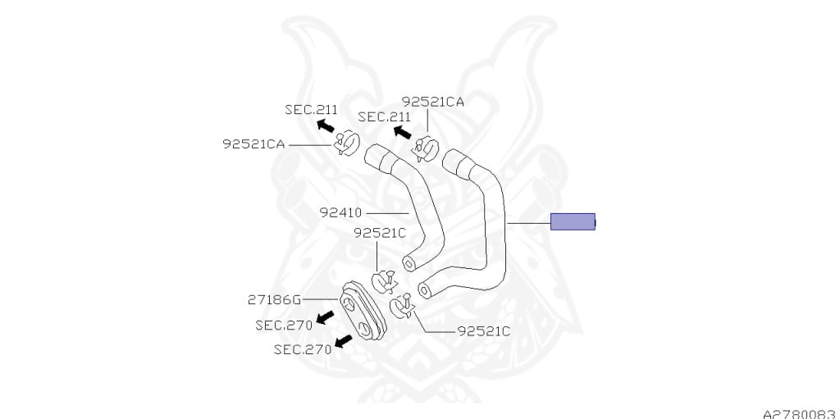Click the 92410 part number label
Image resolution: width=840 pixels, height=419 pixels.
point(340,212)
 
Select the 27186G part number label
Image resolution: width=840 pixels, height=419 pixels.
point(274,299)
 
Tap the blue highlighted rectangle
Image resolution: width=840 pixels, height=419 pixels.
point(573,221)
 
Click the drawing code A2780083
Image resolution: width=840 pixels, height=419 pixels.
point(801,414)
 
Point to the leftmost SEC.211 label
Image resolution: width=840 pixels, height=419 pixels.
point(311,110)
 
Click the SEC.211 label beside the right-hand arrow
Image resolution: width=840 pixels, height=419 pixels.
point(384,116)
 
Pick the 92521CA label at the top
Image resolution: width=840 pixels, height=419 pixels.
point(433,102)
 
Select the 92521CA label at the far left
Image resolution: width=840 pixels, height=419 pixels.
point(254,144)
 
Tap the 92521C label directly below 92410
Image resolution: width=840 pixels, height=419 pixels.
point(380,233)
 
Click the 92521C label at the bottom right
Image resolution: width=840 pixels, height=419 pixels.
point(484,331)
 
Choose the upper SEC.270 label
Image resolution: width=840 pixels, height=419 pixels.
point(284,326)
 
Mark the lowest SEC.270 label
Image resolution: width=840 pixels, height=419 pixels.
point(302,349)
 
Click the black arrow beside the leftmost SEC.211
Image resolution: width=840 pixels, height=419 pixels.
point(325,126)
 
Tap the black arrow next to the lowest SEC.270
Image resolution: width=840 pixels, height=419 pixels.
point(344,341)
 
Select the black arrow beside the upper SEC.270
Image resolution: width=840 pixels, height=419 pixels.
point(325,317)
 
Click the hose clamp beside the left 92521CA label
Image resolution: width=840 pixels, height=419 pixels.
point(346,143)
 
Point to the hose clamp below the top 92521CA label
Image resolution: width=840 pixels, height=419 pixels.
point(426,149)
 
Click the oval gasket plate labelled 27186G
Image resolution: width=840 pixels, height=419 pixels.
point(363,310)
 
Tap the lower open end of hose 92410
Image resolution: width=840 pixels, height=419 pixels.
point(409,263)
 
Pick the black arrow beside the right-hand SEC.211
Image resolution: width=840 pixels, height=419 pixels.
point(402,132)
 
